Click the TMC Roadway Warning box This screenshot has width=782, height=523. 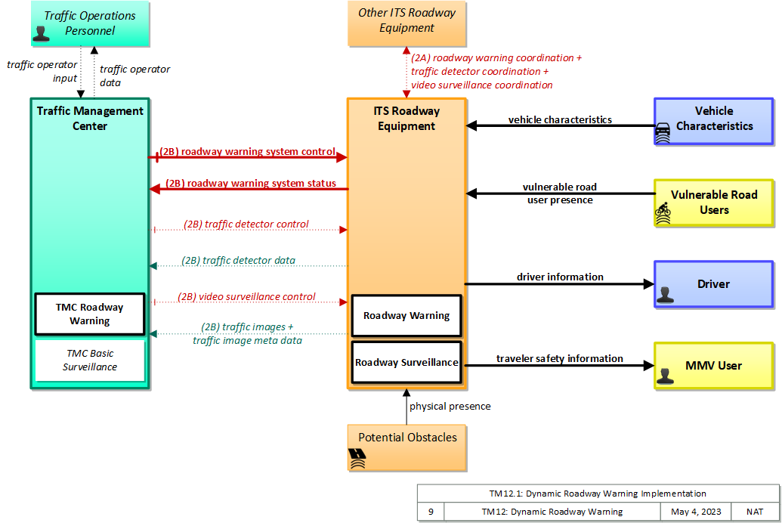(x=90, y=314)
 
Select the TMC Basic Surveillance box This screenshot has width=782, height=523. (x=90, y=361)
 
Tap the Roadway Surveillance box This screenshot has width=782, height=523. (x=406, y=362)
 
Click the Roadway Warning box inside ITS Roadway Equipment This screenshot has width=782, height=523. (x=406, y=316)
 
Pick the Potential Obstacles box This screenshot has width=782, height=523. (x=407, y=447)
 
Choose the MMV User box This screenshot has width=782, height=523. (x=714, y=366)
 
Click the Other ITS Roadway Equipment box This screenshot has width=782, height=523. (x=407, y=23)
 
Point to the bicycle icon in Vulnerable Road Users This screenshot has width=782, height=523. (x=663, y=213)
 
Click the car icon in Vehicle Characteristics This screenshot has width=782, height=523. (x=663, y=133)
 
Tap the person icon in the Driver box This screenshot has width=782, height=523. (x=665, y=295)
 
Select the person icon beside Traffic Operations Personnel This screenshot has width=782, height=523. (x=41, y=33)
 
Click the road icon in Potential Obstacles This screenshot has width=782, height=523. (x=357, y=458)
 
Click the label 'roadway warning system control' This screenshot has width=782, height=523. (x=247, y=151)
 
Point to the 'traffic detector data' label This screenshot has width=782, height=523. (x=239, y=260)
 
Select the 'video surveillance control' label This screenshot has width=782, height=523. (x=246, y=296)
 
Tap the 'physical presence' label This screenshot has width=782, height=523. (x=450, y=406)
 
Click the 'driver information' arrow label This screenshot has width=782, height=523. (x=560, y=277)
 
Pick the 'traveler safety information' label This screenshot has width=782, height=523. (x=560, y=358)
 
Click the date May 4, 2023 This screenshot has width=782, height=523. (x=696, y=512)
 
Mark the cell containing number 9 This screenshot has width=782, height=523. (x=431, y=512)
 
